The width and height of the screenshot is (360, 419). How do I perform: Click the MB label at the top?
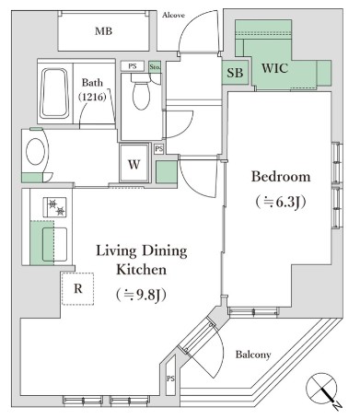coord(104,30)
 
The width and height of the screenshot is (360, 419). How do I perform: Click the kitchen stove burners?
coord(57,209)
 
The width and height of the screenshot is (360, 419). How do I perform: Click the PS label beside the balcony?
coord(170,378)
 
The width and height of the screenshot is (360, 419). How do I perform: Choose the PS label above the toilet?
coord(133,66)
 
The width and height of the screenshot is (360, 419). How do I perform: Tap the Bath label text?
coord(93,83)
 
